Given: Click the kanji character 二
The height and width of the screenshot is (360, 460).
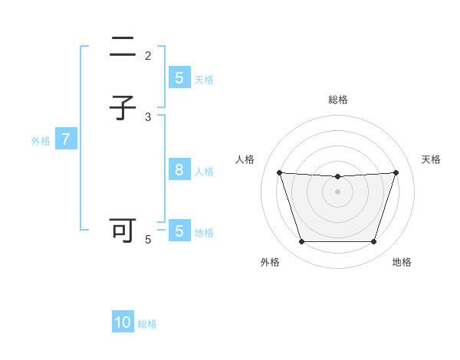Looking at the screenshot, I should (x=123, y=47).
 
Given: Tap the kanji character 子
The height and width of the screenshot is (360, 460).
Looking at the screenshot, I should (x=123, y=109).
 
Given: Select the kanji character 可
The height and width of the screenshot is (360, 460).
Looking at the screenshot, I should (x=123, y=231).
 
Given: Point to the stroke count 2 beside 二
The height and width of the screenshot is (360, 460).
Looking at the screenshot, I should (x=148, y=55).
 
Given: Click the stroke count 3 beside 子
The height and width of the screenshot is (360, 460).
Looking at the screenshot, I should (x=148, y=116).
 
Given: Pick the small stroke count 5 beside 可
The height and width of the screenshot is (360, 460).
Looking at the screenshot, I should (x=148, y=239).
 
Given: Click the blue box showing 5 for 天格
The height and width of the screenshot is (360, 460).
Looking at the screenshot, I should (x=179, y=78).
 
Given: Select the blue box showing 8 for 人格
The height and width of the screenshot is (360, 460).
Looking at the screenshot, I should (x=179, y=170).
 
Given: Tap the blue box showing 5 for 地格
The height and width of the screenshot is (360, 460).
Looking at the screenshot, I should (x=179, y=231).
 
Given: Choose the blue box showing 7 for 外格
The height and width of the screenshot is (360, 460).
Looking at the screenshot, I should (x=66, y=139).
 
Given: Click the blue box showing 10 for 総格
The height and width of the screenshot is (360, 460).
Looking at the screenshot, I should (x=123, y=322).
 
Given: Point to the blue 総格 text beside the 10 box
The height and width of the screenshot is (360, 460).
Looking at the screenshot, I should (x=147, y=324).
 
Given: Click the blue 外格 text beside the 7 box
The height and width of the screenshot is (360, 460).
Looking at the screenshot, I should (x=41, y=141).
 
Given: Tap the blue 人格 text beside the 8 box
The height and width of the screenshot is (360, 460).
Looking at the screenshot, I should (x=204, y=172).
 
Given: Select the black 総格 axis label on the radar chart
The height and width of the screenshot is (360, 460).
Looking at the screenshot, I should (x=338, y=100).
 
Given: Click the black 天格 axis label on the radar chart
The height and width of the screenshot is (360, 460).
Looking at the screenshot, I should (x=432, y=159).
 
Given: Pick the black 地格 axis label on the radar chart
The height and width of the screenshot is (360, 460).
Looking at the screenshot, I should (x=402, y=262).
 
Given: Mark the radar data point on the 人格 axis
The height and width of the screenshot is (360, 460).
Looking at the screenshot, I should (x=279, y=172).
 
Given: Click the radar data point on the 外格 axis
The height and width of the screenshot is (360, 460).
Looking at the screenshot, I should (x=301, y=242).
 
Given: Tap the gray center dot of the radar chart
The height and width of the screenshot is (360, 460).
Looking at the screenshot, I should (x=337, y=191).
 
